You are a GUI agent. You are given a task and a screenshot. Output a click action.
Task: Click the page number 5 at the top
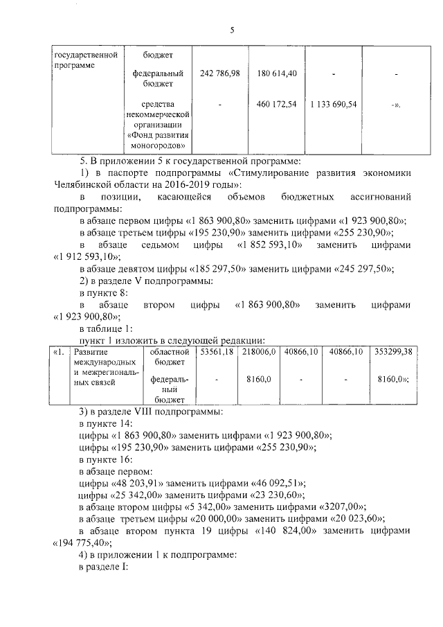233,30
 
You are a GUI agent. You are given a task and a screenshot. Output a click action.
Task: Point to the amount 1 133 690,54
334,104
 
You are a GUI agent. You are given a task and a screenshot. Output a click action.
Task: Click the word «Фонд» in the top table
143,136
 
